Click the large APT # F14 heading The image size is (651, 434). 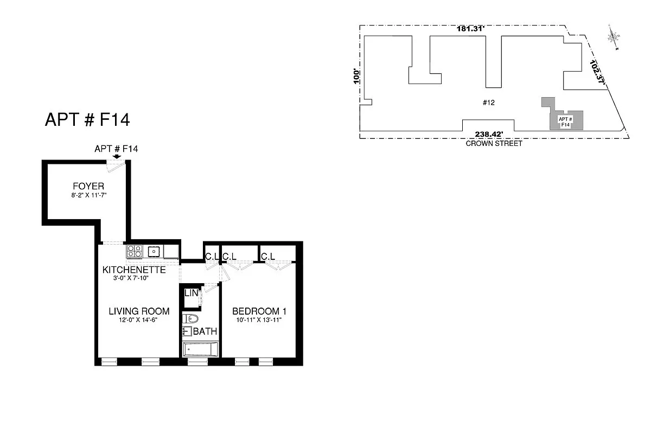tap(87, 120)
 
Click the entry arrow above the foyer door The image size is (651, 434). tap(116, 156)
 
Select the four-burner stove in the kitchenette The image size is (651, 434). tap(135, 251)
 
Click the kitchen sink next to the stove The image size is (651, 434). tap(154, 251)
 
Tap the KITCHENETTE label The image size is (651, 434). tap(134, 270)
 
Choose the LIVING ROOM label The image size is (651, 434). tap(139, 311)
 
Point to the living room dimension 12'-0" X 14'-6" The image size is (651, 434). tap(139, 320)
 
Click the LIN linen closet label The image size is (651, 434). tap(190, 293)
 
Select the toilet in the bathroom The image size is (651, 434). tap(190, 318)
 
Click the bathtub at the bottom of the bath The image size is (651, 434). tap(201, 349)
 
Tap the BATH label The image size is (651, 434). tap(205, 331)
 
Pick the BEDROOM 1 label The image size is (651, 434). tap(259, 311)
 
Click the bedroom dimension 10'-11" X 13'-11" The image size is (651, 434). tap(259, 320)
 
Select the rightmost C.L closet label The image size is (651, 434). tap(267, 256)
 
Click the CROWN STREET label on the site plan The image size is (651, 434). tap(494, 144)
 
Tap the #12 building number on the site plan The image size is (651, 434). tap(489, 102)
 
